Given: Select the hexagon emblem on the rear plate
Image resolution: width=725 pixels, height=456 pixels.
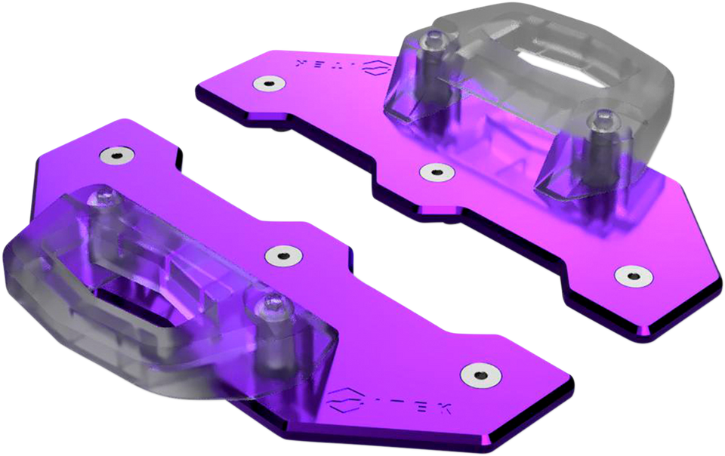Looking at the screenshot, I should coord(373,67).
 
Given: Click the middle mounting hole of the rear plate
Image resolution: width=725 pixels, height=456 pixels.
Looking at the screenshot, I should coord(433,172).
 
